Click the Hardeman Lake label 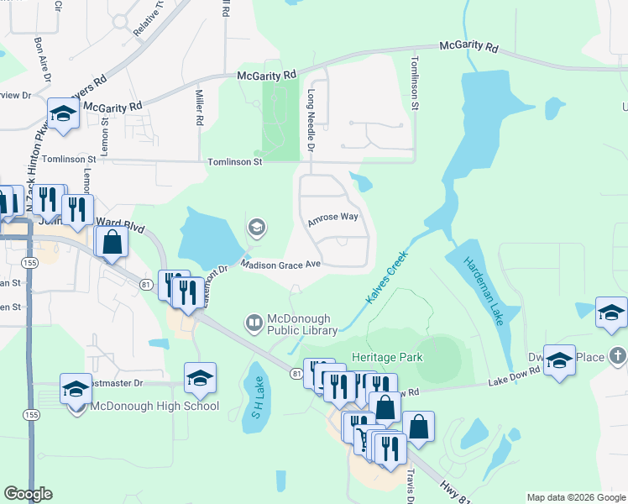(481, 284)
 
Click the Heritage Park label (387, 357)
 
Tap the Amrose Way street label (332, 218)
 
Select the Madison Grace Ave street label (281, 264)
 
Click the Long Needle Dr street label (311, 121)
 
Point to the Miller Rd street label (200, 108)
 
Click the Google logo (29, 494)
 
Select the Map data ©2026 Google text (576, 497)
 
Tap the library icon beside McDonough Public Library (253, 323)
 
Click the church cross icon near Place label (618, 356)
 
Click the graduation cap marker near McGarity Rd (62, 113)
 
